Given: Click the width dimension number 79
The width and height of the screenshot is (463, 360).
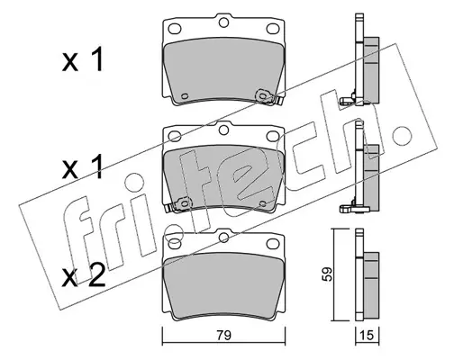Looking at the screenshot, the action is (223, 336).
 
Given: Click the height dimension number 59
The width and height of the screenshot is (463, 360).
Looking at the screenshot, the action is (327, 274).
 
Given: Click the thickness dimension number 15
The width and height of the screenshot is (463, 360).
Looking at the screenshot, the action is (367, 336).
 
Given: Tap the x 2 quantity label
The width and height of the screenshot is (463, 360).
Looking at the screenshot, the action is (83, 275).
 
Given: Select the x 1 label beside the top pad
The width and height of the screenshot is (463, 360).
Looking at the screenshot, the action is (82, 60).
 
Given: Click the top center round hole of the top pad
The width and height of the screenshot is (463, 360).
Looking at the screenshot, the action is (223, 22).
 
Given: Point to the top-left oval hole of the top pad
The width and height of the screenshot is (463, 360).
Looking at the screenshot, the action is (175, 29).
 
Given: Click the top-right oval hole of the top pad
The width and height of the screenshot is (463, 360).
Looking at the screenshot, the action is (272, 29).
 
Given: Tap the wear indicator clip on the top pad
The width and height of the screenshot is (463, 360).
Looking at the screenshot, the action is (268, 97).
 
